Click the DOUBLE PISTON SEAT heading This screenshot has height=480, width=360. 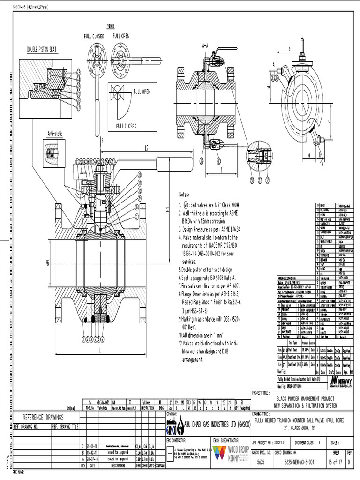[x=42, y=49]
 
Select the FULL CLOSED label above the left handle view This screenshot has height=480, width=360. [x=94, y=36]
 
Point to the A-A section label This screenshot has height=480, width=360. [x=205, y=46]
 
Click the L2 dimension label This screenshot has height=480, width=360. [x=146, y=148]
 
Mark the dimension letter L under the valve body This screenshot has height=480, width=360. [x=100, y=350]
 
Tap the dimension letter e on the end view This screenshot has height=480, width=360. [x=290, y=48]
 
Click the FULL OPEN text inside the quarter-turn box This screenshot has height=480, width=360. [x=142, y=92]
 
